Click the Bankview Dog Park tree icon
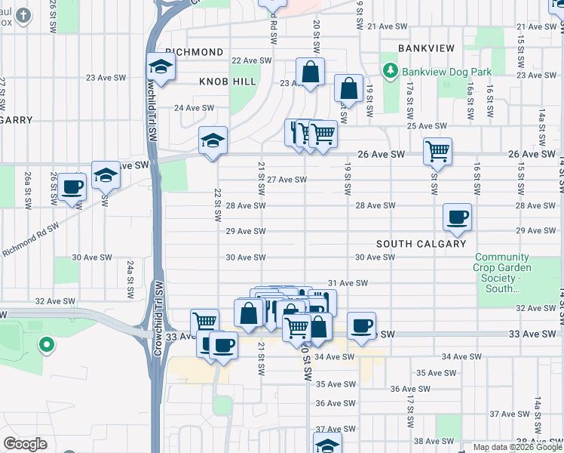point(391,72)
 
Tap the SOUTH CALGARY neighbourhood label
point(421,244)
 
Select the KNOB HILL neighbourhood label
point(228,81)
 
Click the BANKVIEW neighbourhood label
point(426,48)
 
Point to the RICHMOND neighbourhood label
point(195,52)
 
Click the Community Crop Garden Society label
point(503,273)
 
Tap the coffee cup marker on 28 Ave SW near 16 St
point(457,217)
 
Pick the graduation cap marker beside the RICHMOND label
point(160,66)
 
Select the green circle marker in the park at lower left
point(47,345)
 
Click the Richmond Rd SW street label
point(30,239)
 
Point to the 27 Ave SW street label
point(287,180)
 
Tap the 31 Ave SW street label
point(348,283)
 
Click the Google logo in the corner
point(26,444)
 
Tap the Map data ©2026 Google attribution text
point(516,447)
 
